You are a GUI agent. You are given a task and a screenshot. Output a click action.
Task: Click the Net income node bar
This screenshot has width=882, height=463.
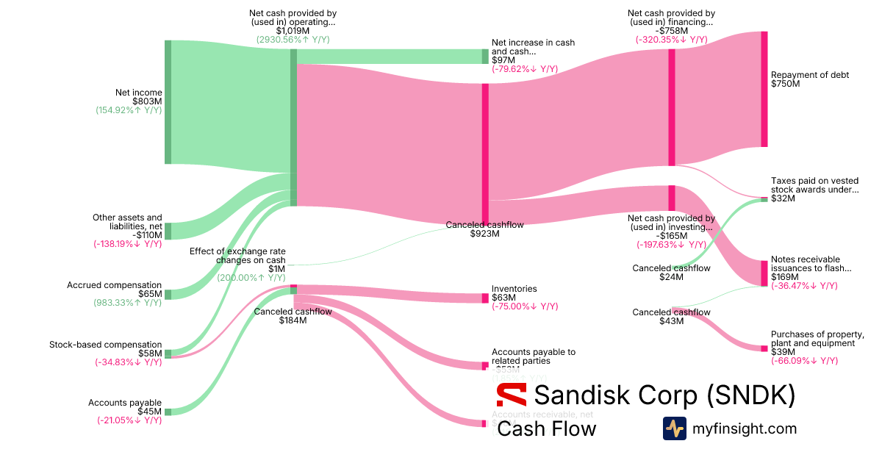(x=168, y=102)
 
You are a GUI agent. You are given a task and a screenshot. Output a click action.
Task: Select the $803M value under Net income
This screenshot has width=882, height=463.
(x=147, y=101)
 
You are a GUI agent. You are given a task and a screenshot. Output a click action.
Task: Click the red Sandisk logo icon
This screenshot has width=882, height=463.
(x=512, y=395)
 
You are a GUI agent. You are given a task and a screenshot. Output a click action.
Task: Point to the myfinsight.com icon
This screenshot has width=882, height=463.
(x=675, y=428)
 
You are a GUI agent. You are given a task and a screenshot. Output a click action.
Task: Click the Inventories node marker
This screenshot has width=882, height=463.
(x=485, y=298)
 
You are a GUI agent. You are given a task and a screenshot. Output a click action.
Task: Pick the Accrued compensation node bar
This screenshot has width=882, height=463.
(x=168, y=294)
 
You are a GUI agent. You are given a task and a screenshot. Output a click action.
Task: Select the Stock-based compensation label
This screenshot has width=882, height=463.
(x=105, y=345)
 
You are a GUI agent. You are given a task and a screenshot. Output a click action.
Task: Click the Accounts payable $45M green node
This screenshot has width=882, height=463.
(x=168, y=412)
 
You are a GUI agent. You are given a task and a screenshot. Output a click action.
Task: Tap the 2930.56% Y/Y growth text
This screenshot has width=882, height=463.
(x=297, y=39)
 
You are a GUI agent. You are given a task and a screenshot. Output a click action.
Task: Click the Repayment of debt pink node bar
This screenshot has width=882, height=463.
(x=764, y=89)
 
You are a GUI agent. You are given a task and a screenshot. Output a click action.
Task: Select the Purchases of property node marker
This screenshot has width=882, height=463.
(x=764, y=348)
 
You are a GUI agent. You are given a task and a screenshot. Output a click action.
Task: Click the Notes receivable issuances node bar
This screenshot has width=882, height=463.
(x=764, y=273)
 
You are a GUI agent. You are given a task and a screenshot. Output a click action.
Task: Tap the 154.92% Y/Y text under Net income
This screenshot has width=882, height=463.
(x=129, y=110)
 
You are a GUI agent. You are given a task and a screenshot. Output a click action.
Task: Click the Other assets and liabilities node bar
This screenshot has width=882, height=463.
(x=168, y=231)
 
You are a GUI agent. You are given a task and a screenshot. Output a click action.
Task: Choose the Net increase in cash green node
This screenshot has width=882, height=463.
(x=485, y=57)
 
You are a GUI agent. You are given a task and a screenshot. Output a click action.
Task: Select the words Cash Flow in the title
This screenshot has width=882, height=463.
(x=547, y=428)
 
